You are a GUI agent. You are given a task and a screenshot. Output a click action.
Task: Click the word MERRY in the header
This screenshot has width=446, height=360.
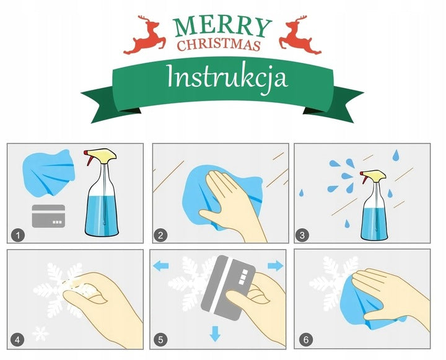(x=223, y=27)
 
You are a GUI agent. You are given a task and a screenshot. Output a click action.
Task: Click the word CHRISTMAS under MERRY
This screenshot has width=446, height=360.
(x=219, y=45)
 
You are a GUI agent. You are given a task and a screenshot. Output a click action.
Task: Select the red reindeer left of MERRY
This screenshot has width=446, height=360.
(x=145, y=35)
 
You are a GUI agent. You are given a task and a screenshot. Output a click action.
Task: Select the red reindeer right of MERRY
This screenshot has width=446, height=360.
(x=300, y=35)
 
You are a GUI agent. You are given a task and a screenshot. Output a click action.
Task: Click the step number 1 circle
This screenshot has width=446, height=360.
(x=18, y=235)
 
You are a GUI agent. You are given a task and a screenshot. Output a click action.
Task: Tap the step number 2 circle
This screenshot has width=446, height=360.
(x=160, y=235)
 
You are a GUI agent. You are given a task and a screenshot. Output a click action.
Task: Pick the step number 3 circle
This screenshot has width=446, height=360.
(x=302, y=235)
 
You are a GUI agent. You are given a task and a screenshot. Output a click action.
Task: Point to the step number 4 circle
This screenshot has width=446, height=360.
(x=17, y=340)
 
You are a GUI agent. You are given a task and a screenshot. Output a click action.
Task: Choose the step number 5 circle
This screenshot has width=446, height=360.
(x=160, y=340)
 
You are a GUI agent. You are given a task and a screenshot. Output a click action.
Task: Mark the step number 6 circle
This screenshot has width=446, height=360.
(x=306, y=340)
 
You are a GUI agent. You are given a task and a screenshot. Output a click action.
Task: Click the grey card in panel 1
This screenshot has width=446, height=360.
(x=49, y=216)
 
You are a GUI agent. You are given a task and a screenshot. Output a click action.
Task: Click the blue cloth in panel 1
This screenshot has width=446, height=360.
(x=48, y=173)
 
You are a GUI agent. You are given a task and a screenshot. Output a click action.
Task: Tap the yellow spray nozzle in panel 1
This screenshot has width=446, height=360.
(x=102, y=154)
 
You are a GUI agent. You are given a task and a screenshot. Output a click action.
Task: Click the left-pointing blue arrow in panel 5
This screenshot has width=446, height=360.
(x=160, y=266)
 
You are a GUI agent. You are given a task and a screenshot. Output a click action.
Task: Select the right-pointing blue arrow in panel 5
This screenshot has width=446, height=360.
(x=276, y=266)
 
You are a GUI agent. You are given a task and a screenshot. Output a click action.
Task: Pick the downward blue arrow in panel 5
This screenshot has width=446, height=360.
(x=215, y=334)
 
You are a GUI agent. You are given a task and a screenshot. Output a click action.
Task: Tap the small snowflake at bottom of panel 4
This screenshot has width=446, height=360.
(x=40, y=333)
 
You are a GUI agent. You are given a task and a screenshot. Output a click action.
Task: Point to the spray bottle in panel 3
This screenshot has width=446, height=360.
(x=374, y=205)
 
